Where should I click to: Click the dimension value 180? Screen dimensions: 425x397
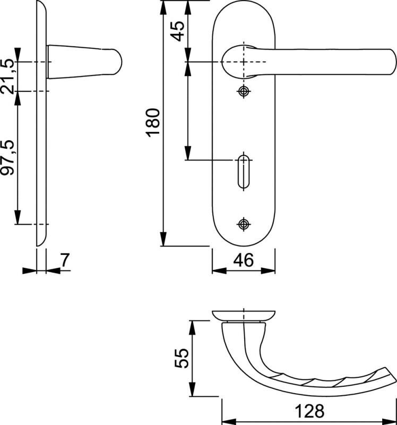click(x=153, y=122)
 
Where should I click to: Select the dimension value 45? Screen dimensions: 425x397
click(x=178, y=31)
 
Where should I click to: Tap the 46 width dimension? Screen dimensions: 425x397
click(x=244, y=260)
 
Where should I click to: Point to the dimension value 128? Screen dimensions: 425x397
click(x=309, y=412)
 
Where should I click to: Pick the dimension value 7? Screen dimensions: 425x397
click(x=64, y=260)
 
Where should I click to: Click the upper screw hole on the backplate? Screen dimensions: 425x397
click(x=244, y=91)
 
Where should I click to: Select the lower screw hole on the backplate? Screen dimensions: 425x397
click(x=244, y=224)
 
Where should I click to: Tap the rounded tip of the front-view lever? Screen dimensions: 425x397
click(x=387, y=62)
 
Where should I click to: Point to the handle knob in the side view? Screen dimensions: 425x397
click(x=85, y=62)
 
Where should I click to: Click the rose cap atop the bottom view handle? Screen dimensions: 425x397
click(x=244, y=315)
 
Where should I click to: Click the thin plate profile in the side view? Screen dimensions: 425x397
click(x=41, y=159)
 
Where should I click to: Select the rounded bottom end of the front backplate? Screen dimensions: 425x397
click(x=244, y=239)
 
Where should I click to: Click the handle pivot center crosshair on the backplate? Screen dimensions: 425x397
click(x=244, y=62)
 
